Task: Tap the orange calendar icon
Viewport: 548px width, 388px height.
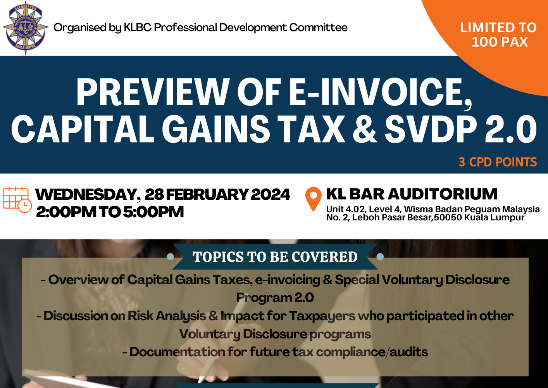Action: [17, 200]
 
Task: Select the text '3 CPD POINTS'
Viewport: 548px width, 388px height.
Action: [498, 162]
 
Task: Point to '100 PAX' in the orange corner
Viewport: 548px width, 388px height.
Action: [500, 42]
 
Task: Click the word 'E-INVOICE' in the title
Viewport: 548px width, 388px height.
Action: [381, 93]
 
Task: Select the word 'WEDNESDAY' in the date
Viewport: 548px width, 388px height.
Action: [86, 194]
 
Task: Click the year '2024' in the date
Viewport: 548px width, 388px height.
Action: [271, 194]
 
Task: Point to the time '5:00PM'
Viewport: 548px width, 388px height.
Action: [153, 212]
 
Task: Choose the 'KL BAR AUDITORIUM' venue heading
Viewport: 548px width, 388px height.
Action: [412, 194]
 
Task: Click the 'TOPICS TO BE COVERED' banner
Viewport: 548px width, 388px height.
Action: [275, 257]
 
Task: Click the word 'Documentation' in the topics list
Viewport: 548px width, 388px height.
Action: [177, 352]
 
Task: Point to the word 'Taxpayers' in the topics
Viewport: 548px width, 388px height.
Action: [322, 316]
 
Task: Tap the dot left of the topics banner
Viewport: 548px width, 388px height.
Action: [170, 257]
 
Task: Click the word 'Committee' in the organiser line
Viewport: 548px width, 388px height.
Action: [318, 27]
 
